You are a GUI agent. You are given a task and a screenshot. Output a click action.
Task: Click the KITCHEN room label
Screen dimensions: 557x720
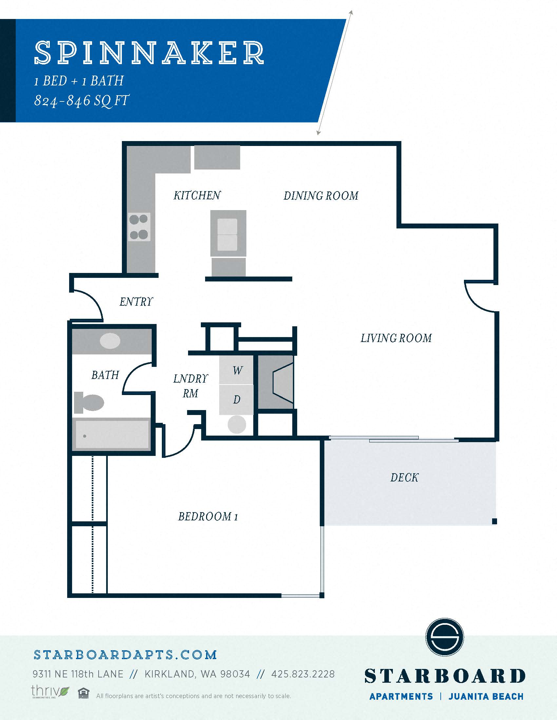click(x=197, y=195)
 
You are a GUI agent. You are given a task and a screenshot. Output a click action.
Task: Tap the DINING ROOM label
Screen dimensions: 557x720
click(x=321, y=196)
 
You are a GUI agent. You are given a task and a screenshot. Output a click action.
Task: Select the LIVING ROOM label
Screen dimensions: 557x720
click(x=396, y=338)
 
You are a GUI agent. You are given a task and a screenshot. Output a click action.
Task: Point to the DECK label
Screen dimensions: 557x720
click(x=404, y=477)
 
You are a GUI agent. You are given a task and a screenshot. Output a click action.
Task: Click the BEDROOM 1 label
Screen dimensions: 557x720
click(x=208, y=516)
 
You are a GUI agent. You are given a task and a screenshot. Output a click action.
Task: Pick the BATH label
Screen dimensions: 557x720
click(x=105, y=375)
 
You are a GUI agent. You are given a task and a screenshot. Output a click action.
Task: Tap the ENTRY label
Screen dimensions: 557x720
click(x=136, y=301)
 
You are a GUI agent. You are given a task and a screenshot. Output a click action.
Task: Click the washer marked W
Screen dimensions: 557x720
click(x=236, y=369)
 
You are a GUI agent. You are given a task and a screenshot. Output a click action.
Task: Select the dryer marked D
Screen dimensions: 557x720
click(x=236, y=400)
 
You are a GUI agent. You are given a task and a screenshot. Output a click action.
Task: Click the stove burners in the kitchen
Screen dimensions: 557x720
click(x=139, y=227)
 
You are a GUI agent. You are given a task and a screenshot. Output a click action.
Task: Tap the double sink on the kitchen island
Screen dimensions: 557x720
click(x=227, y=234)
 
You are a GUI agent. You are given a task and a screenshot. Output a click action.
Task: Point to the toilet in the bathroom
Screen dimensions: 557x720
click(x=88, y=403)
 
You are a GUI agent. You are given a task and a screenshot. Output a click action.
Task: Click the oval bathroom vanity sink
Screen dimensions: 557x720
click(x=110, y=341)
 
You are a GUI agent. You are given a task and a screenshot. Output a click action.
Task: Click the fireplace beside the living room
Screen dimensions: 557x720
click(x=276, y=382)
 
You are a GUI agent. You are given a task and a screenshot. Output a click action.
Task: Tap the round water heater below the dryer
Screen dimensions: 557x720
click(x=237, y=424)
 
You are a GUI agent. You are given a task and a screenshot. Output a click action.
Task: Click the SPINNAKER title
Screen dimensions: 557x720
click(x=149, y=52)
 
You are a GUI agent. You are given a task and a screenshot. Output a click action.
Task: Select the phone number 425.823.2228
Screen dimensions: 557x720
click(x=303, y=674)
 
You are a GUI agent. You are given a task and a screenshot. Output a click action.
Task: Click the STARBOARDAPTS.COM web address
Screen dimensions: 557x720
click(x=125, y=655)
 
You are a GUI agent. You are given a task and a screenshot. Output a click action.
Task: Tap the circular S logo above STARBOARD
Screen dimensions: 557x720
click(x=445, y=637)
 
